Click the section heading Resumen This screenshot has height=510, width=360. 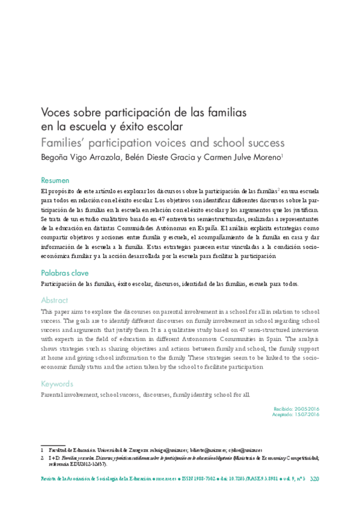[x=55, y=180]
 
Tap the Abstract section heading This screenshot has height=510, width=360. [x=54, y=300]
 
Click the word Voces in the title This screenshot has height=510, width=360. [x=54, y=112]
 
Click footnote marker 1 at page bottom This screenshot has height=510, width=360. [x=42, y=449]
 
